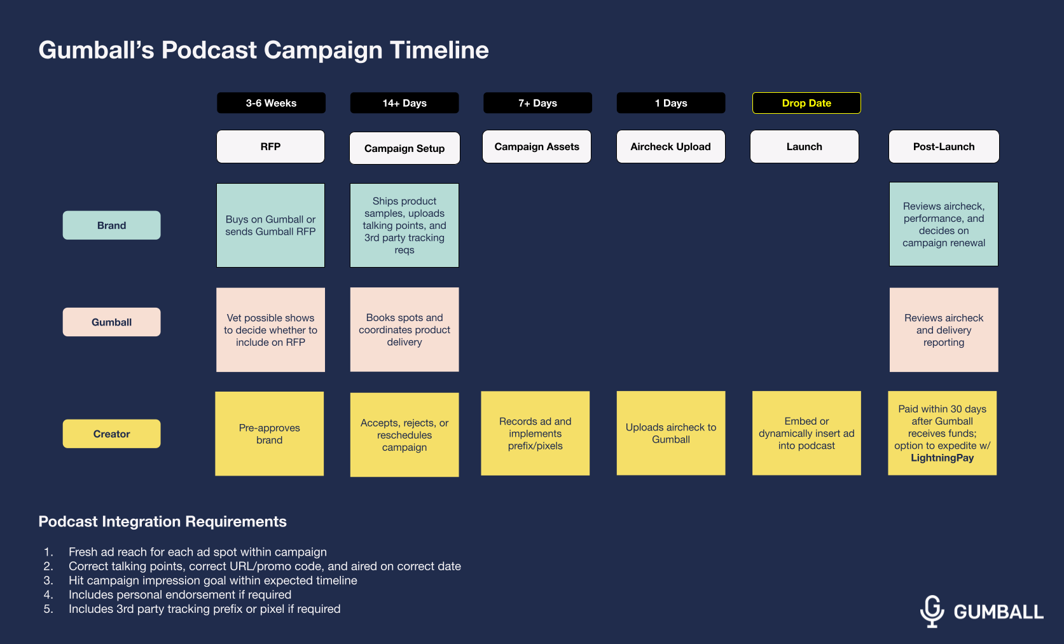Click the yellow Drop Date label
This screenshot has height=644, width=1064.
(806, 103)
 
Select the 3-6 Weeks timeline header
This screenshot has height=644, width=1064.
(271, 103)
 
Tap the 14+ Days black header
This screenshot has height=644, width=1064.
(404, 103)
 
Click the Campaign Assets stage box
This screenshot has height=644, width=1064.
(537, 147)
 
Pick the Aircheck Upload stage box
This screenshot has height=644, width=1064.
(670, 147)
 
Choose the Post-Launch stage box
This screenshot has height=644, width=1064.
(944, 147)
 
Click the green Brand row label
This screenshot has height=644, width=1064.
(111, 225)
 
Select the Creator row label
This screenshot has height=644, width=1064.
(111, 434)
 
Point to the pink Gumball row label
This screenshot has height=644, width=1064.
(111, 322)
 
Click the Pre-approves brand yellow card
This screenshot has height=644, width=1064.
(270, 434)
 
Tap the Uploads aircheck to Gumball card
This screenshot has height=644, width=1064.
(671, 433)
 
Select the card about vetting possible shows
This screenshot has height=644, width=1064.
(270, 330)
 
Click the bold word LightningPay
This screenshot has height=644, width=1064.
(942, 458)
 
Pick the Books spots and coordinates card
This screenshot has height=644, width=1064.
(404, 329)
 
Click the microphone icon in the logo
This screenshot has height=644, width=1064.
(932, 611)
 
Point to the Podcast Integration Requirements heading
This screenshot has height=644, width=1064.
(162, 521)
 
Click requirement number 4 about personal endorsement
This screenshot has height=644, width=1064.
(180, 594)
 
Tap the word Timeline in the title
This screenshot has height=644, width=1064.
(439, 50)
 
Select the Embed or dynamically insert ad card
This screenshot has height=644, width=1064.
(806, 433)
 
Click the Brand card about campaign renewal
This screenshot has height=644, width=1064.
(944, 224)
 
